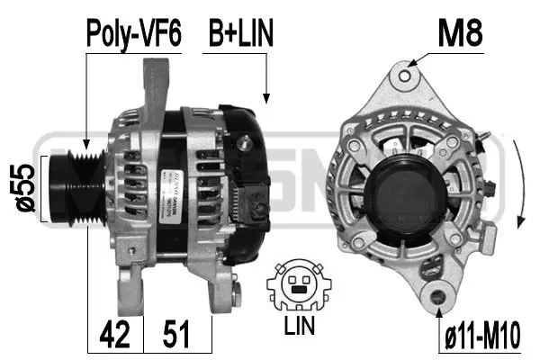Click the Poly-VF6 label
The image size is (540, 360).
(x=133, y=34)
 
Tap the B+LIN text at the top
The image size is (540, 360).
(x=240, y=34)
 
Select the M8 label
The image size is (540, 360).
(x=460, y=34)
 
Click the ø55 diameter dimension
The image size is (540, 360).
(x=27, y=189)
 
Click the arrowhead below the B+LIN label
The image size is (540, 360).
(x=265, y=96)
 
